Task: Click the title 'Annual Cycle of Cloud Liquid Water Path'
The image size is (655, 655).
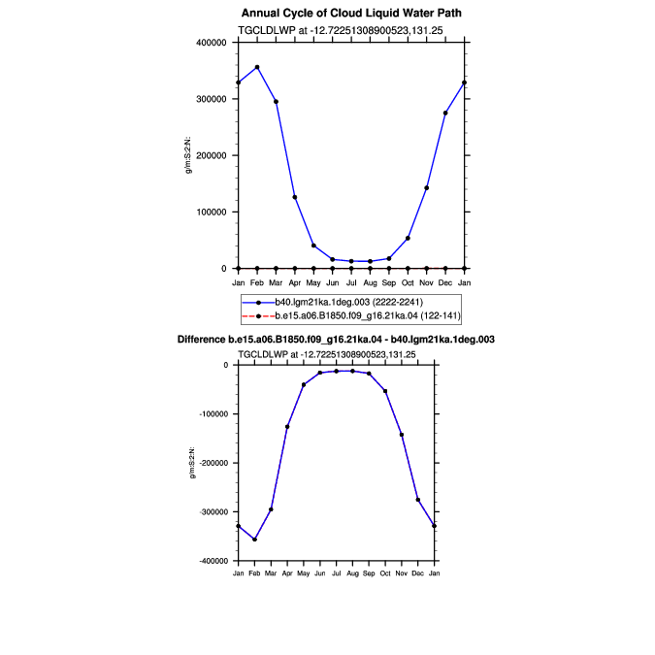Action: point(351,13)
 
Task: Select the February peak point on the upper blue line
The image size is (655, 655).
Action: point(257,67)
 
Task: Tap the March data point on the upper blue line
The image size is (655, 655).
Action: point(276,102)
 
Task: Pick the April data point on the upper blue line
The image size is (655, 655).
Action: point(295,197)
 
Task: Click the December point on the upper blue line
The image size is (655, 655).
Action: point(445,113)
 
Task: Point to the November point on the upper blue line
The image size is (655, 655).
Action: point(427,188)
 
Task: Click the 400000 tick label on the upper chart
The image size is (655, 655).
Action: point(211,43)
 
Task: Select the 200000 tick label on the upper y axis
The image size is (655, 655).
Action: point(211,155)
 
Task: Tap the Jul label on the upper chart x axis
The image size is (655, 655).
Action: point(351,282)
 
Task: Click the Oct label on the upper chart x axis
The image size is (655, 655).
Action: point(408,282)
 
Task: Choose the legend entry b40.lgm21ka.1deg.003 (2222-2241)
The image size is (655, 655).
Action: point(348,302)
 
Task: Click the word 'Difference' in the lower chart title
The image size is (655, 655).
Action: point(201,340)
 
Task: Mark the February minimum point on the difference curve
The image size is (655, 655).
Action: point(254,540)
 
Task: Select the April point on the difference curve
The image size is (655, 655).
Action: point(287,427)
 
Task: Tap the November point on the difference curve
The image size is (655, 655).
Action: point(402,435)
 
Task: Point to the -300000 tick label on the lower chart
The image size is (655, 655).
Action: point(213,512)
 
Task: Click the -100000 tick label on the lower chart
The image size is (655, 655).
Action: point(213,414)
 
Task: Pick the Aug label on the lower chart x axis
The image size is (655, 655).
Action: point(352,573)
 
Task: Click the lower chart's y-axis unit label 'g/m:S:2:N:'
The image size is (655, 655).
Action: point(192,463)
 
